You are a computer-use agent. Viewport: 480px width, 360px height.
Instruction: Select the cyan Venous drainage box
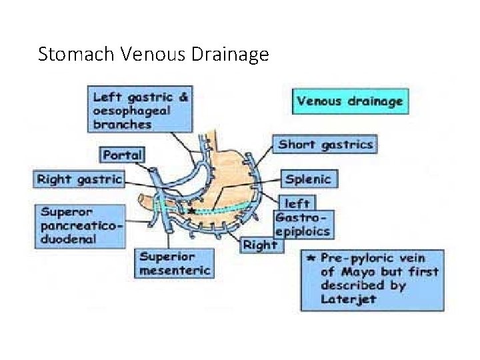[350, 102]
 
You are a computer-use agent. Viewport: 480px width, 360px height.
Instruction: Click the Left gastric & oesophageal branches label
[141, 110]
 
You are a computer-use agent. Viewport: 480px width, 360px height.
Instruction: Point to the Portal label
[123, 155]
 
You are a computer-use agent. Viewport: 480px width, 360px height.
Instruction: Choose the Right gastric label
[79, 179]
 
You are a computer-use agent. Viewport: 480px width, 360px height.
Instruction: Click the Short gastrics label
[325, 144]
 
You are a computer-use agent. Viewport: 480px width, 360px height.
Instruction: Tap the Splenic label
[307, 179]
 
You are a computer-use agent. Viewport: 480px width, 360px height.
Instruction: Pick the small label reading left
[297, 203]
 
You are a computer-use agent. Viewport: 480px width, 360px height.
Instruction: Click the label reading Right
[260, 245]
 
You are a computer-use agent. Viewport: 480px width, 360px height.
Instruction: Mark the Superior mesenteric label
[176, 263]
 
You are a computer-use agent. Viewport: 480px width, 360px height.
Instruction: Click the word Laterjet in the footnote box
[348, 299]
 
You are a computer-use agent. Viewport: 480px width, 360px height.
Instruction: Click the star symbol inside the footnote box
[310, 257]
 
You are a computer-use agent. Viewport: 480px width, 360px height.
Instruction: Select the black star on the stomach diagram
[192, 210]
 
